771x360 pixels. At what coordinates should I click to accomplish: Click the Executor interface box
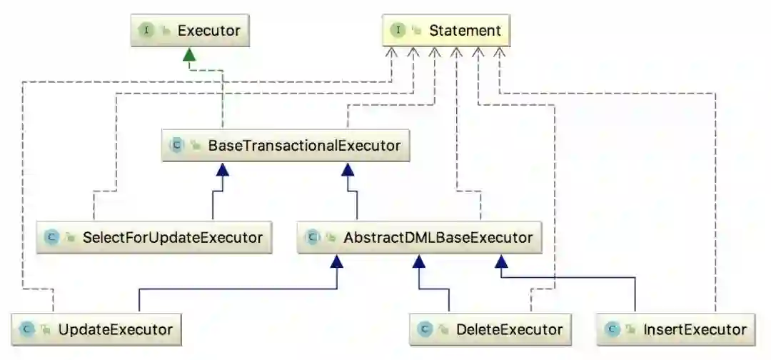coord(188,31)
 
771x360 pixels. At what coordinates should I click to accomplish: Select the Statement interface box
coord(445,31)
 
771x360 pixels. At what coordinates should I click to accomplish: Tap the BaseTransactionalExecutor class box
coord(286,146)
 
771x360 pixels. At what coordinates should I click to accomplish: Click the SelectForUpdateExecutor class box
coord(154,236)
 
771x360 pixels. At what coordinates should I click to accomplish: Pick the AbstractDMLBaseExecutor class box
coord(419,236)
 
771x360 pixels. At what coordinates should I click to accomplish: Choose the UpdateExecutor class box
coord(96,329)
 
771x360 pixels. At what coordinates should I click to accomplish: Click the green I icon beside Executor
coord(146,31)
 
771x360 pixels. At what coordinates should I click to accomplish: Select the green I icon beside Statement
coord(398,31)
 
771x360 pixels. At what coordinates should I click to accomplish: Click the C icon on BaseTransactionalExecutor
coord(176,146)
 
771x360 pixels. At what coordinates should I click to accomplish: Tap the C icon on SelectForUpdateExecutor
coord(51,236)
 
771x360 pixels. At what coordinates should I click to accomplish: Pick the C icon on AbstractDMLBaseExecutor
coord(312,236)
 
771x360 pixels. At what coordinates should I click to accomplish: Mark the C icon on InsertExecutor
coord(612,329)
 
